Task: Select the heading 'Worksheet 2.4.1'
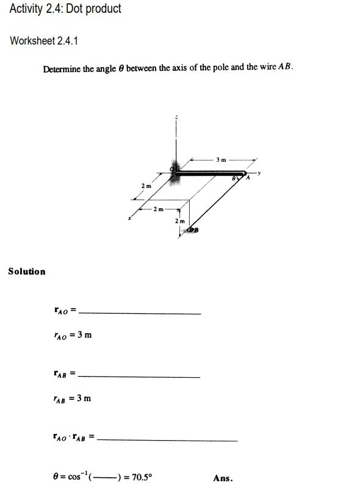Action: [x=44, y=41]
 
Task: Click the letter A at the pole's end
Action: [x=248, y=178]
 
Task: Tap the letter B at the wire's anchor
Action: [x=196, y=229]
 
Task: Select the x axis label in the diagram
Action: [x=129, y=218]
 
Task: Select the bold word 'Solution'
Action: [x=27, y=271]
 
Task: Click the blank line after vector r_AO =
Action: [x=140, y=313]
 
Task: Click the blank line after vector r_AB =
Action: [x=140, y=376]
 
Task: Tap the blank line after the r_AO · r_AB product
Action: [x=167, y=439]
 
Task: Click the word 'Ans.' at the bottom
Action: [x=223, y=479]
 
